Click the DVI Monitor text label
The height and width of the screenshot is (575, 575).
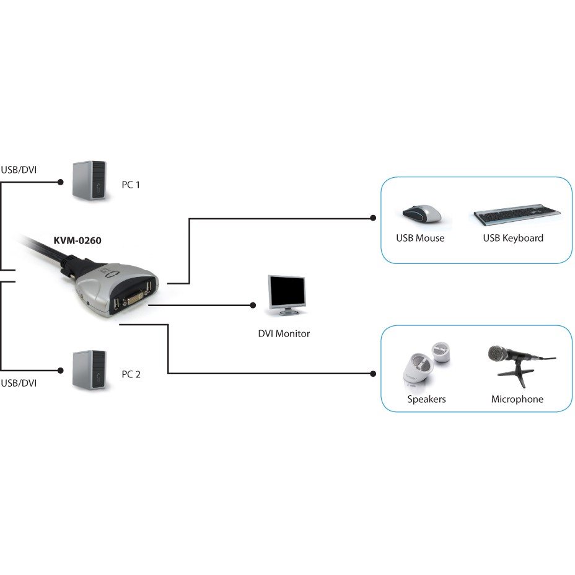(x=284, y=333)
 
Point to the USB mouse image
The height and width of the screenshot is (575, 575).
(x=421, y=214)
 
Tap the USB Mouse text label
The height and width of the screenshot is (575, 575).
(x=420, y=238)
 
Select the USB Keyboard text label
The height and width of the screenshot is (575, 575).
(x=513, y=238)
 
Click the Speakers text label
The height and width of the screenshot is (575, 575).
(x=426, y=399)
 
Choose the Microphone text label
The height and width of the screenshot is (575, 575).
(x=517, y=399)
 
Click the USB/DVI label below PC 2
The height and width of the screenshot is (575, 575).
(x=19, y=383)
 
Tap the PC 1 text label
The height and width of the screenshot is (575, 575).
(x=131, y=185)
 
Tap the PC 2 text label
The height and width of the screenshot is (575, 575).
(x=131, y=374)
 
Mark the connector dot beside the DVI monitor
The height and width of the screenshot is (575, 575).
(x=253, y=305)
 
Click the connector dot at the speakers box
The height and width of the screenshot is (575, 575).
(x=373, y=374)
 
